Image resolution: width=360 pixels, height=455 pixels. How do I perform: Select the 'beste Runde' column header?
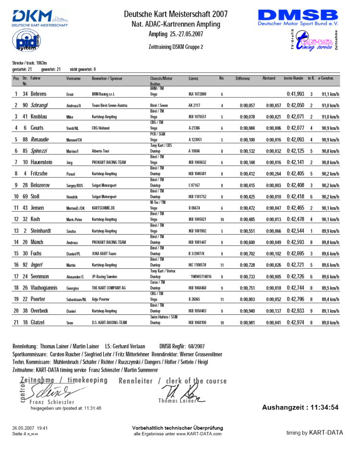click(x=293, y=78)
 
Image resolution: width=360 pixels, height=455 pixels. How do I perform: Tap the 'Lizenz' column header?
click(x=194, y=78)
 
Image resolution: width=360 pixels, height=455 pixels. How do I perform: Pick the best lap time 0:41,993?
click(x=296, y=95)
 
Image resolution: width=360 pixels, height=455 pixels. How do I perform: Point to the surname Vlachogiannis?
click(x=48, y=287)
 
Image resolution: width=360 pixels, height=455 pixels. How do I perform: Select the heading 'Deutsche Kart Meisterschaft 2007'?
click(x=175, y=14)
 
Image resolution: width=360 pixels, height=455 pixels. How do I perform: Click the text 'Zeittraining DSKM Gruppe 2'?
click(x=176, y=47)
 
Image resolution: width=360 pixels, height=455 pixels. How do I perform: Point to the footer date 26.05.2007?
click(x=23, y=427)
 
